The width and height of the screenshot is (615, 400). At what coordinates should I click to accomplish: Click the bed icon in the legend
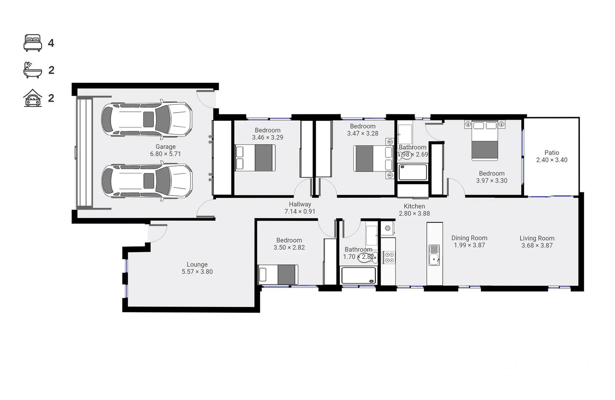33,43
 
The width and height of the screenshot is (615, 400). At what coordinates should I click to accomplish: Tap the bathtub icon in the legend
33,70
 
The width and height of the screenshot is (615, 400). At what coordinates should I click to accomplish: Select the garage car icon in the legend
33,98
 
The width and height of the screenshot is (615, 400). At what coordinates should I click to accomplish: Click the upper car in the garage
147,119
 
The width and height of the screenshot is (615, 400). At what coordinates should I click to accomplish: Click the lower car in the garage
147,181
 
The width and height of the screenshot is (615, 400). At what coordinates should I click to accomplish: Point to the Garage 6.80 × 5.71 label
165,150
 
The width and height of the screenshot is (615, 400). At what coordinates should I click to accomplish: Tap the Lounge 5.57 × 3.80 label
197,268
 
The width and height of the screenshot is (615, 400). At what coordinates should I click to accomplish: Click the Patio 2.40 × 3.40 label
551,156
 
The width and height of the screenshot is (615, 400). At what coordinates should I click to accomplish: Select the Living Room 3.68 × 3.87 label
537,242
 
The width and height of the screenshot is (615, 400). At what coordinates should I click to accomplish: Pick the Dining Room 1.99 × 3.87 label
469,241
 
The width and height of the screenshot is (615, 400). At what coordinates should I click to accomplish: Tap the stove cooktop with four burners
389,257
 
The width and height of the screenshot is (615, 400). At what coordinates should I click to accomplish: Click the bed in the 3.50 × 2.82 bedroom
278,274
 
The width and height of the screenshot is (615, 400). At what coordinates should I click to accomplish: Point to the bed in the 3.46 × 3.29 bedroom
255,158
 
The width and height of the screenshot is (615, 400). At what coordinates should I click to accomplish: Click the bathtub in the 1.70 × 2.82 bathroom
358,276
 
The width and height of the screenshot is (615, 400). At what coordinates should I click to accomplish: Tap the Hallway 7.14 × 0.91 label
300,208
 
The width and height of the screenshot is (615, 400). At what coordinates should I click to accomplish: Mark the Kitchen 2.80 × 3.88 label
414,210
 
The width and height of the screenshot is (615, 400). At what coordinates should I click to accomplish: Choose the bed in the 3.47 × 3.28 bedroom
373,159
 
